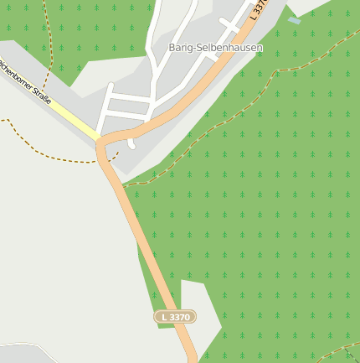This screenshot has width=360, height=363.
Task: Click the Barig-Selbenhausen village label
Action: (215, 48)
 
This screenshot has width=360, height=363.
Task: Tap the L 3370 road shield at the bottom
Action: (175, 317)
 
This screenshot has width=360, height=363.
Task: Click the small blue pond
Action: (293, 20)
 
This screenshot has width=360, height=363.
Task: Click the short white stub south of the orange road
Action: (131, 143)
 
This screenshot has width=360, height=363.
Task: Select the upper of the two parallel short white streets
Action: (130, 97)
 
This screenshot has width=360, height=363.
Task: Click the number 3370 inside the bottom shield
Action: (180, 317)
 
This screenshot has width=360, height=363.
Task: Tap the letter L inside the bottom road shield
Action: (162, 317)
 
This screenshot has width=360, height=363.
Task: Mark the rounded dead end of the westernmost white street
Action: (111, 86)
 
